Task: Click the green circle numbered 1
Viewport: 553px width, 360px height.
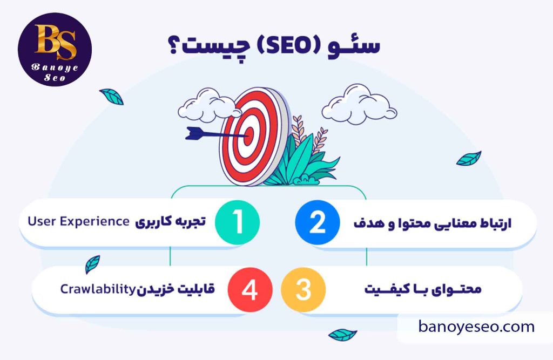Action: coord(237,222)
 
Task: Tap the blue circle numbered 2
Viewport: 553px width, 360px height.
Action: coord(317,222)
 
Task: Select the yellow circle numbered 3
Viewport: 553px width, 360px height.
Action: coord(303,290)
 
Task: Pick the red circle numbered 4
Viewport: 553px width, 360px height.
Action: coord(249,290)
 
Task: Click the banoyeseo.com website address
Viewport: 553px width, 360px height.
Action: coord(476,326)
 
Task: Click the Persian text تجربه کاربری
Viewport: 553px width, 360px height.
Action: coord(172,221)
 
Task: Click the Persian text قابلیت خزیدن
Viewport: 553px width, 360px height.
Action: coord(175,289)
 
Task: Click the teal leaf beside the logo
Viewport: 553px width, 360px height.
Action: coord(112,96)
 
